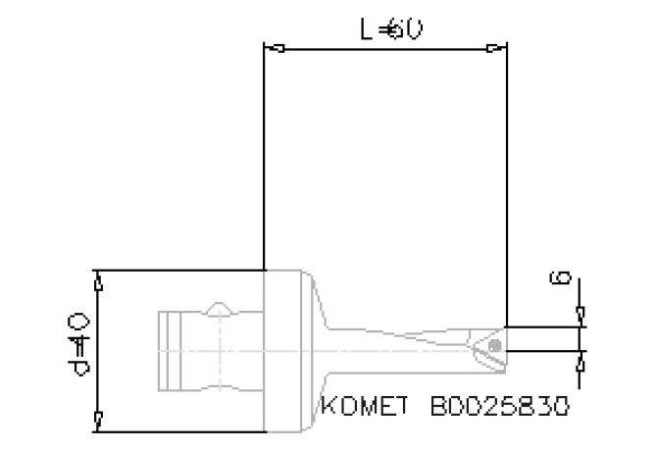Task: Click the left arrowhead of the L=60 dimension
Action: point(276,47)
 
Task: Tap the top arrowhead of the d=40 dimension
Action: point(97,281)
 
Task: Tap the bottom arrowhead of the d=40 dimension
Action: point(97,420)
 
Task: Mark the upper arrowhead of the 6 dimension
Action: point(581,315)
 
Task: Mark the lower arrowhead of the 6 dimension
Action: point(581,360)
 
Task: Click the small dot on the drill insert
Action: point(495,346)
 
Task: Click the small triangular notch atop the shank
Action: point(222,309)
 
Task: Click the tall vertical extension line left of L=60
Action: point(265,157)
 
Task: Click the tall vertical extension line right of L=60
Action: point(507,176)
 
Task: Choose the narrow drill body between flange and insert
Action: point(402,345)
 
